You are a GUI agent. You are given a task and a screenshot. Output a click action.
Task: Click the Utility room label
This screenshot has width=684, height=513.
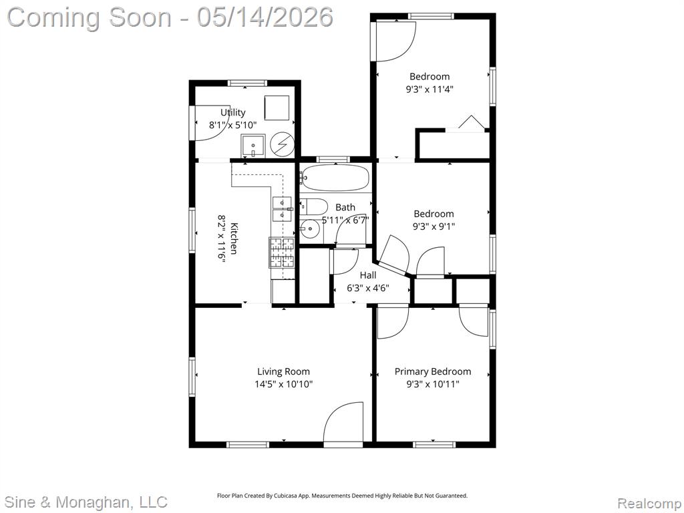click(232, 112)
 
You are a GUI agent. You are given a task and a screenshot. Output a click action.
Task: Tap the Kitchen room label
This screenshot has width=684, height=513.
click(234, 238)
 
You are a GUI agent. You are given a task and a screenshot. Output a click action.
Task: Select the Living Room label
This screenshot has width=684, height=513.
click(283, 371)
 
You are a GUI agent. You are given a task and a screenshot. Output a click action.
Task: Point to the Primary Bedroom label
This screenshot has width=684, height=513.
click(433, 371)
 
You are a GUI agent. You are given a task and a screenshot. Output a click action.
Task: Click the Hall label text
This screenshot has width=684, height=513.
click(368, 275)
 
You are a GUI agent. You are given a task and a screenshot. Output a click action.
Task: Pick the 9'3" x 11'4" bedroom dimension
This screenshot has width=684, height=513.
click(430, 90)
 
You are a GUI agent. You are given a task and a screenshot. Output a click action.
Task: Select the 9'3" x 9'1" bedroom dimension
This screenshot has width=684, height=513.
click(434, 226)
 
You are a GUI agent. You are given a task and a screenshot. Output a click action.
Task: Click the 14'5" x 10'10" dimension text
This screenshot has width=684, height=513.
click(283, 384)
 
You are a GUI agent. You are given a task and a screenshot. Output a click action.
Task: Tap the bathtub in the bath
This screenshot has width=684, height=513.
click(335, 178)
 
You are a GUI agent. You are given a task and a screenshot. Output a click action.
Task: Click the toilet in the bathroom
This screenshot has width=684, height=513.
click(314, 206)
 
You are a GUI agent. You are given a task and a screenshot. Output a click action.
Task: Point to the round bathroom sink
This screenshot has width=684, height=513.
click(309, 228)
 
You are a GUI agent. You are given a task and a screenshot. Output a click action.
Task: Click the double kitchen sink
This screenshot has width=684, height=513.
click(283, 209)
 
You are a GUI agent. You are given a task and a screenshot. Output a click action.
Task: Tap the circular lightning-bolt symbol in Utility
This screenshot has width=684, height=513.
click(282, 144)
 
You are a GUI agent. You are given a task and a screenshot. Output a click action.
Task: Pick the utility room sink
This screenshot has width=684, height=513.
click(253, 146)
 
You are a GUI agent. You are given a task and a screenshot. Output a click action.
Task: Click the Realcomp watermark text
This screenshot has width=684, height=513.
click(649, 504)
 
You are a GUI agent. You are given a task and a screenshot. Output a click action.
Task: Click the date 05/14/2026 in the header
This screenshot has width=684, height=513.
click(265, 17)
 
